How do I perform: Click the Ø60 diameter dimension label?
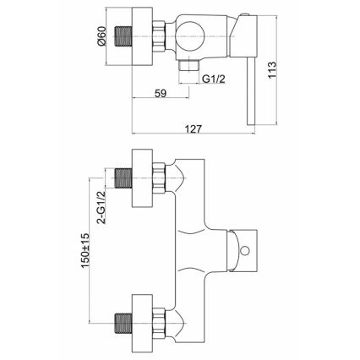102,35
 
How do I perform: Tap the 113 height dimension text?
272,70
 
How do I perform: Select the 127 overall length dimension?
194,128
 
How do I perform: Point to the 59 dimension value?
161,93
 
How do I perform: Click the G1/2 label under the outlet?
214,79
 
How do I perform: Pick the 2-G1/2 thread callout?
101,207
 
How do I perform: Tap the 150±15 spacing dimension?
85,250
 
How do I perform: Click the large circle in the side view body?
189,36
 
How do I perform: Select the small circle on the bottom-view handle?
245,250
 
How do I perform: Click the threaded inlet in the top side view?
123,36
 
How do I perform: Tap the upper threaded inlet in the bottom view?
123,178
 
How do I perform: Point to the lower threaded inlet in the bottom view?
123,322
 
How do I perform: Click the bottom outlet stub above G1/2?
189,65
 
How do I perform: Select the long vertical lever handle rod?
251,92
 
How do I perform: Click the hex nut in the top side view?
158,36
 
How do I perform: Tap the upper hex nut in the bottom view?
158,178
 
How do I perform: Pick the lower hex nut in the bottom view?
158,322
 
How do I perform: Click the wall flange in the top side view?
142,36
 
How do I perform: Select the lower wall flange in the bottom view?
142,323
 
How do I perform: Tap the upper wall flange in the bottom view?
142,178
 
